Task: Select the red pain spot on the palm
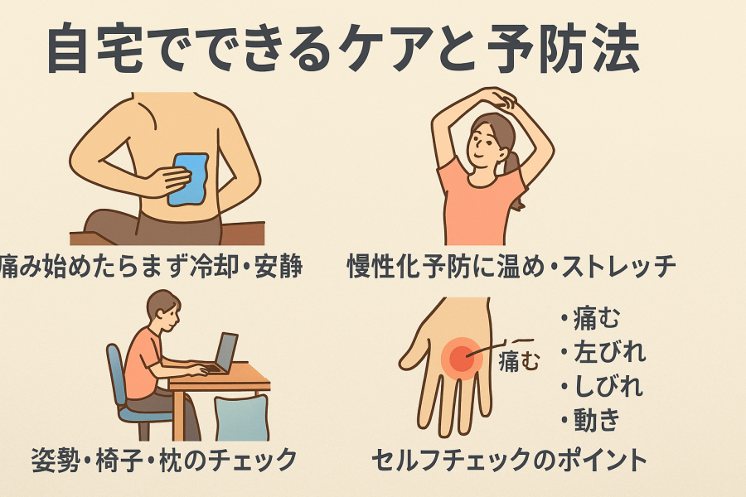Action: [x=462, y=359]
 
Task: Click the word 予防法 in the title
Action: [x=563, y=49]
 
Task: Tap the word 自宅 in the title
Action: [x=95, y=49]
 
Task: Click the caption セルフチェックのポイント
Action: [x=509, y=461]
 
